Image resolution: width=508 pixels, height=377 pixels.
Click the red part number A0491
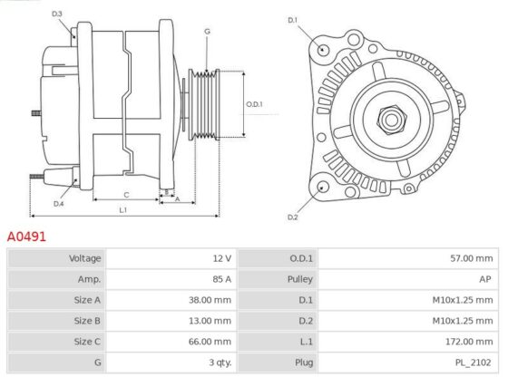pyautogui.click(x=26, y=237)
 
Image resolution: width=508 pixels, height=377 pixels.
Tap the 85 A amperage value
pyautogui.click(x=222, y=279)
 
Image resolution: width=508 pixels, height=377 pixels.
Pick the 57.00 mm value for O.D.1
pyautogui.click(x=472, y=258)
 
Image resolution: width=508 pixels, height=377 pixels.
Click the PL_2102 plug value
pyautogui.click(x=473, y=362)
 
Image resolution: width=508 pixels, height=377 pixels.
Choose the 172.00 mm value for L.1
pyautogui.click(x=469, y=342)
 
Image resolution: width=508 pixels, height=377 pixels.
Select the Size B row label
pyautogui.click(x=87, y=321)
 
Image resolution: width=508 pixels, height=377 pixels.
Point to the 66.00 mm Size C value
pyautogui.click(x=210, y=342)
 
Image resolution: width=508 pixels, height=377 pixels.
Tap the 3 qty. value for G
pyautogui.click(x=220, y=362)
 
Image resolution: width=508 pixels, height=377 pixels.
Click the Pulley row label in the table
pyautogui.click(x=300, y=279)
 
